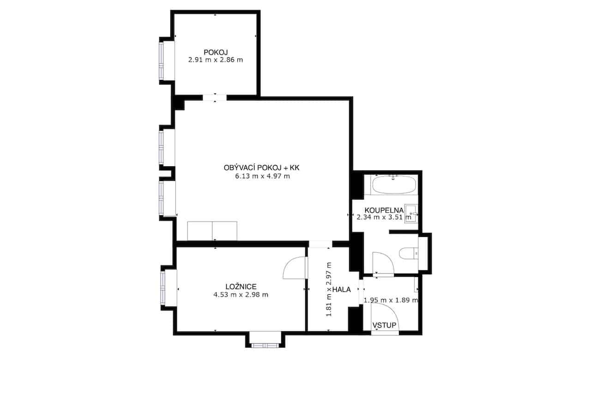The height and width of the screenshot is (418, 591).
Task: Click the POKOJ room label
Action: click(x=216, y=52)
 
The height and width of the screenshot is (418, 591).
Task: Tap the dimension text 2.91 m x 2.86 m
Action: click(x=215, y=60)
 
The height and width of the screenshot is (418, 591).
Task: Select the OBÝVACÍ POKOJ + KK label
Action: click(x=261, y=168)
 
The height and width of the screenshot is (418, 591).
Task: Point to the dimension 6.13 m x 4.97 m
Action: click(x=262, y=176)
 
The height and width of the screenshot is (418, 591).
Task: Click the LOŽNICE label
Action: click(x=241, y=286)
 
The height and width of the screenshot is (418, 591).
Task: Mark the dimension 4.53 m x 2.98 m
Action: click(x=241, y=295)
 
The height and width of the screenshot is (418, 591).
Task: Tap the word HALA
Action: click(x=341, y=290)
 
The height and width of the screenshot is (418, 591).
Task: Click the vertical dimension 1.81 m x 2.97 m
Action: click(x=329, y=289)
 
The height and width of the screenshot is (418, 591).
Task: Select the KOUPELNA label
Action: click(x=384, y=210)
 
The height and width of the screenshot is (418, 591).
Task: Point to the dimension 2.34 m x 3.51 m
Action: click(x=384, y=217)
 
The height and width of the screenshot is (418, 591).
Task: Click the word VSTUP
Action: click(x=384, y=325)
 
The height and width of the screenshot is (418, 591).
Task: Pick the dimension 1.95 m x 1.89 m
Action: click(x=391, y=300)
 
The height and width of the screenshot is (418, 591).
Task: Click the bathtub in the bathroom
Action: click(x=394, y=185)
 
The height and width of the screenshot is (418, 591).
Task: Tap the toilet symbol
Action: click(x=409, y=254)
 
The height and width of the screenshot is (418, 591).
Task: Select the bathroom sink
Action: click(x=411, y=214)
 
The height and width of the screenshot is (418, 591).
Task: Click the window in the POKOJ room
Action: click(x=161, y=61)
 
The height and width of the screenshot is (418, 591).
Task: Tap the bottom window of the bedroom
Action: click(x=265, y=345)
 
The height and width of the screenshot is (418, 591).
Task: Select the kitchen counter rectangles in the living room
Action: click(x=212, y=231)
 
